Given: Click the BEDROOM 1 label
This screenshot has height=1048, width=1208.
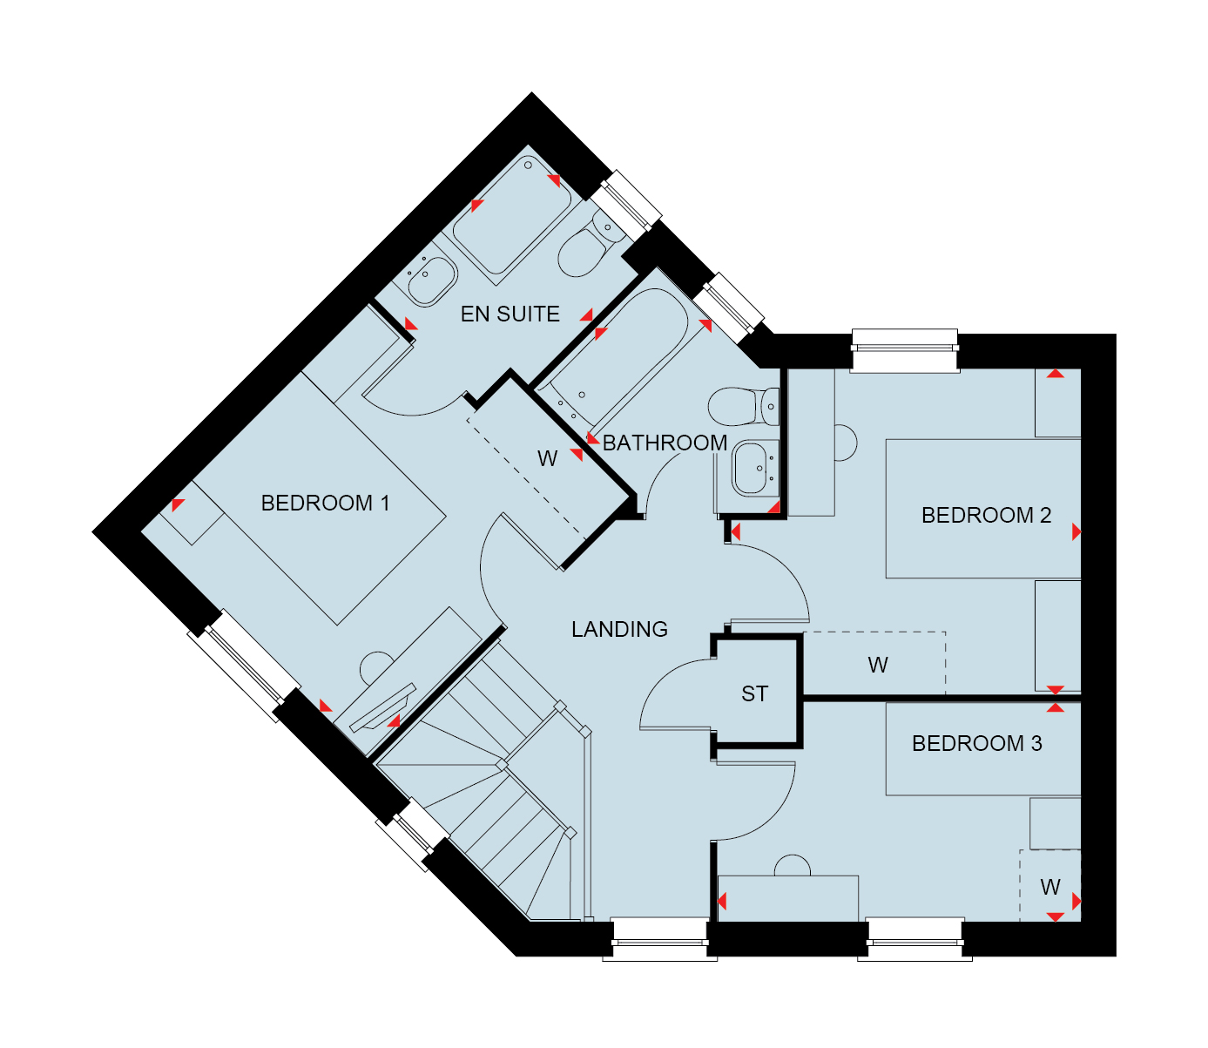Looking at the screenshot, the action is [326, 503].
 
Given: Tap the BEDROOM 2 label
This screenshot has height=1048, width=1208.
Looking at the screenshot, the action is [986, 515].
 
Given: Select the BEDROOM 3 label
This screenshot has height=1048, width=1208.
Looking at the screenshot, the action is [976, 743].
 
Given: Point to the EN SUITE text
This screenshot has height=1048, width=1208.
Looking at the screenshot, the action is [510, 314].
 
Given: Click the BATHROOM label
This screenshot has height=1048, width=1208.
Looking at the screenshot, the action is [665, 443].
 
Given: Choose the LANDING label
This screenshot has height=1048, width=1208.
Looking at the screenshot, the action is [619, 629].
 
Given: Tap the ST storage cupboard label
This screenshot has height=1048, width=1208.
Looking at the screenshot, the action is [754, 693].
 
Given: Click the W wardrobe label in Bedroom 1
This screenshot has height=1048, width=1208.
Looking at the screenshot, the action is [547, 459].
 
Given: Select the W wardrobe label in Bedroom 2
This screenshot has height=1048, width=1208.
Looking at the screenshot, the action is [878, 666].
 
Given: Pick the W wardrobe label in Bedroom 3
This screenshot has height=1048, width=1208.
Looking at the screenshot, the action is [1050, 887].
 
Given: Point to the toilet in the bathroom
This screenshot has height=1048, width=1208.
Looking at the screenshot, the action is [743, 406].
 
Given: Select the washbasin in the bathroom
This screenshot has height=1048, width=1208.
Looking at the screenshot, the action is [755, 469].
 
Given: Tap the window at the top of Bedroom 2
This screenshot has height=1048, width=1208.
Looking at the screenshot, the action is [905, 351].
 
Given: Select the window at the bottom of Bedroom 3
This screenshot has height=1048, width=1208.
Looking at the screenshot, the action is [914, 939].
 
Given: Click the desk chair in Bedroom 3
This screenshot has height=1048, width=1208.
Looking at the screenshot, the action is [793, 865].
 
